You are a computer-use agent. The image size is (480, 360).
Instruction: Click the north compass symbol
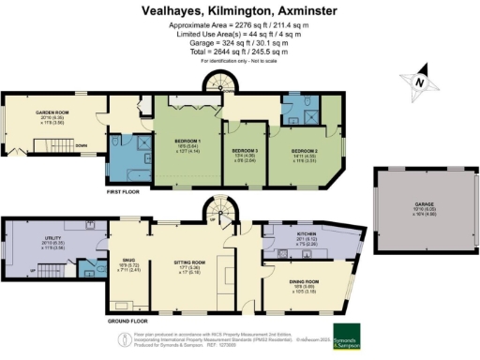point(419,82)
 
